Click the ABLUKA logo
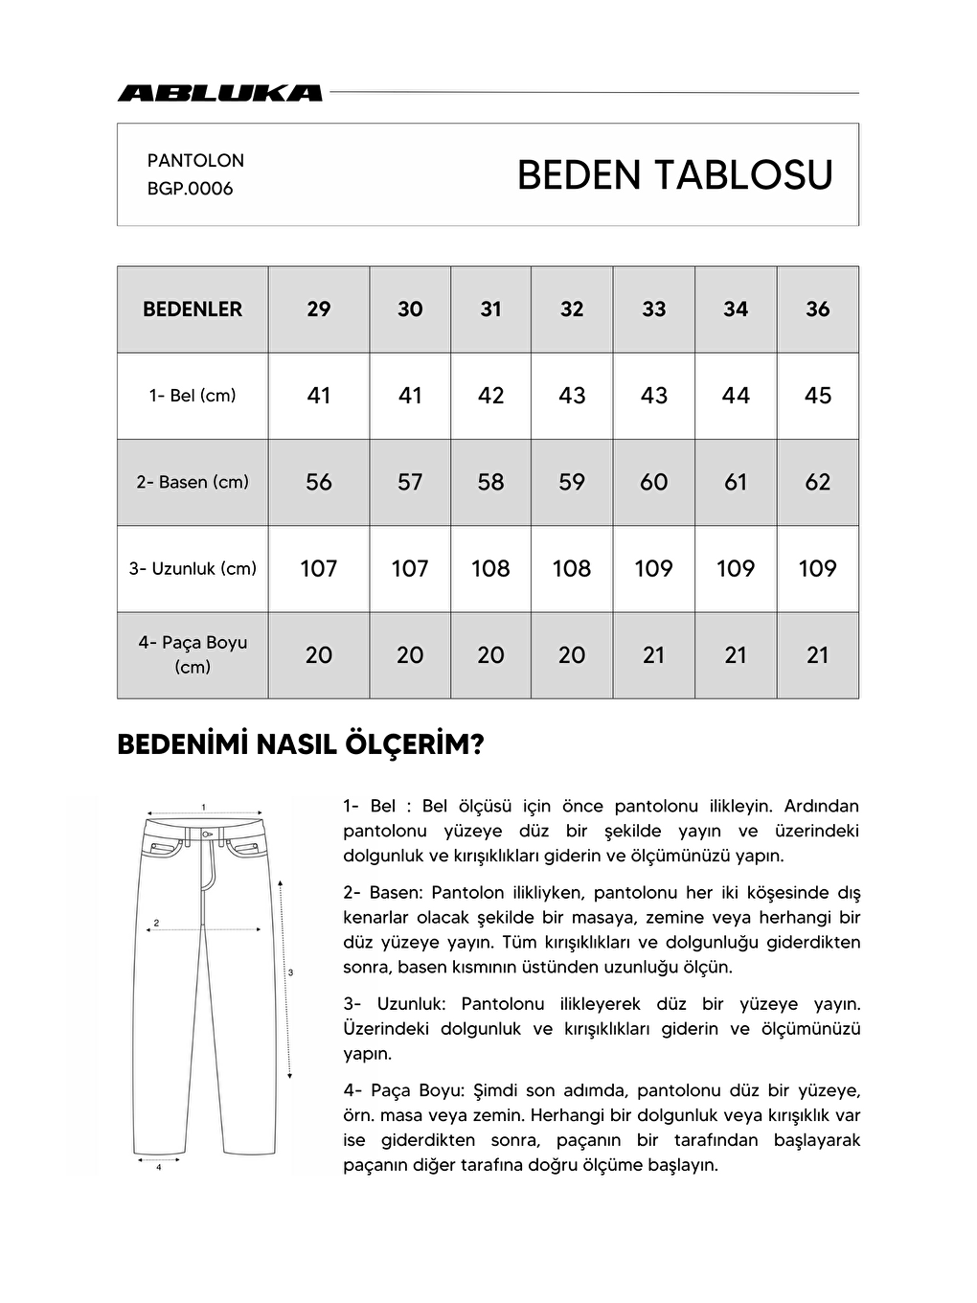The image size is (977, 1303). (220, 93)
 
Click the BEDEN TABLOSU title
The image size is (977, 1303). (674, 175)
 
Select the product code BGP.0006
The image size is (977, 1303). (190, 189)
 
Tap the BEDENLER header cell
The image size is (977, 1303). (193, 309)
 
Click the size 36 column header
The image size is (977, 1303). (817, 309)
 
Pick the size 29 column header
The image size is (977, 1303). (319, 309)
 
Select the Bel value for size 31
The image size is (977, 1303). (490, 396)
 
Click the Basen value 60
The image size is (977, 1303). (653, 482)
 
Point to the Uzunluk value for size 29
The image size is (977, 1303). (319, 568)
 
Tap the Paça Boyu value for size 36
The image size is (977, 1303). (817, 655)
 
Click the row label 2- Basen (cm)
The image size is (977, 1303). (193, 482)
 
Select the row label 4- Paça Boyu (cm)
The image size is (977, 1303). (193, 654)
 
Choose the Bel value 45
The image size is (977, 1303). (817, 396)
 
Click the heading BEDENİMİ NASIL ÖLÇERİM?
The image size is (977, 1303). (300, 745)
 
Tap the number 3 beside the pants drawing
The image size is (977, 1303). (290, 972)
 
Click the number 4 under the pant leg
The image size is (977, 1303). (158, 1168)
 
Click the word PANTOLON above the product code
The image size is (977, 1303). (195, 160)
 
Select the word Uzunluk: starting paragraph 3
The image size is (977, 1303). (411, 1004)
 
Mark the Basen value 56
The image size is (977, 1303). (319, 482)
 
